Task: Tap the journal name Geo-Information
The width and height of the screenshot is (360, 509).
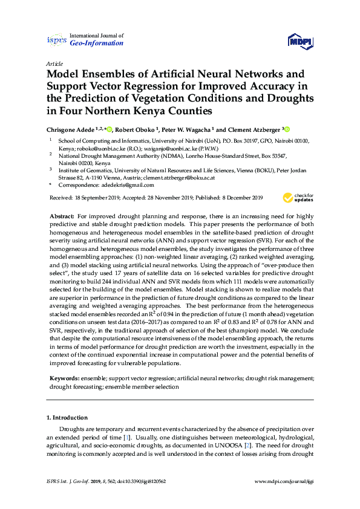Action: click(x=97, y=44)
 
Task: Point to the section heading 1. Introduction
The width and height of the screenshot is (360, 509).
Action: click(x=67, y=418)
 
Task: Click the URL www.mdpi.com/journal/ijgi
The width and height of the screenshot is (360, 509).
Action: click(x=284, y=482)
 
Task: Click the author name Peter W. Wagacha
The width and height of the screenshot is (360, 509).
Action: click(x=188, y=129)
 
